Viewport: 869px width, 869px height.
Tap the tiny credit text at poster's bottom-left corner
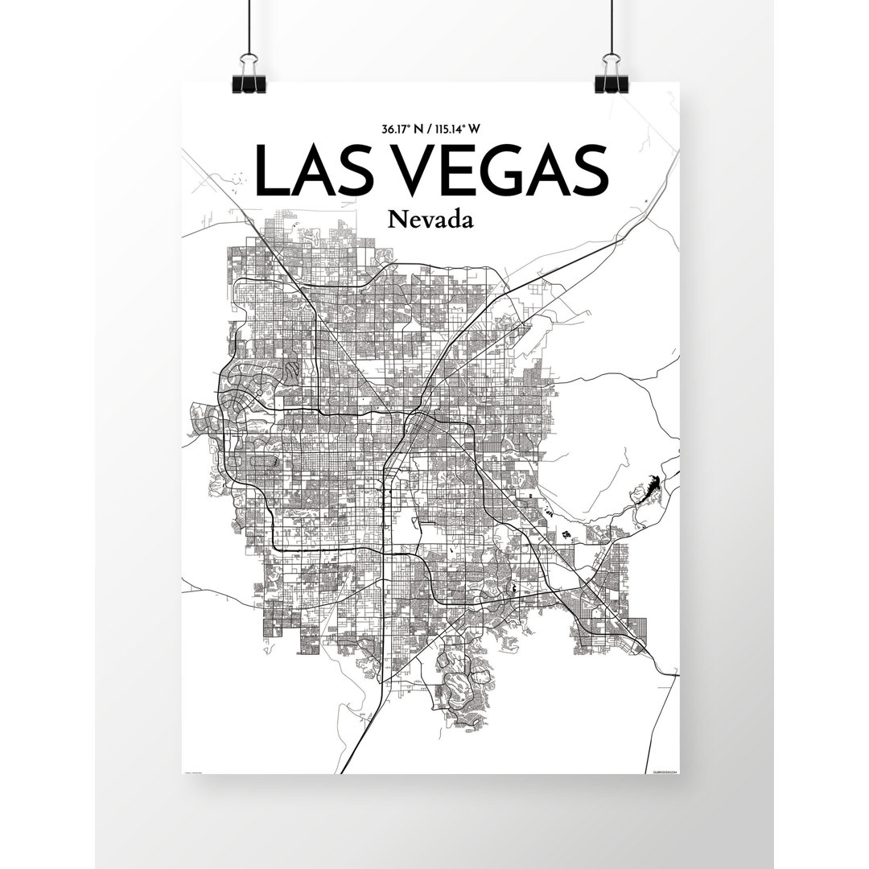point(198,770)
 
